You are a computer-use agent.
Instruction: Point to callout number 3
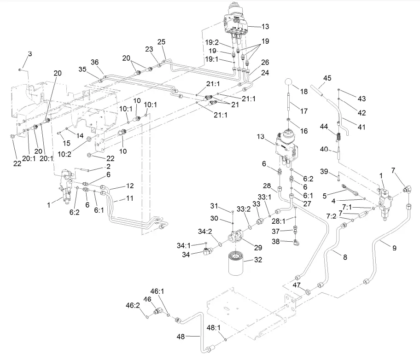(x=30, y=54)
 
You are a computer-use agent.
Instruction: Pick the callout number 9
(x=394, y=247)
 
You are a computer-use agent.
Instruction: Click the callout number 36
(x=94, y=62)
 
